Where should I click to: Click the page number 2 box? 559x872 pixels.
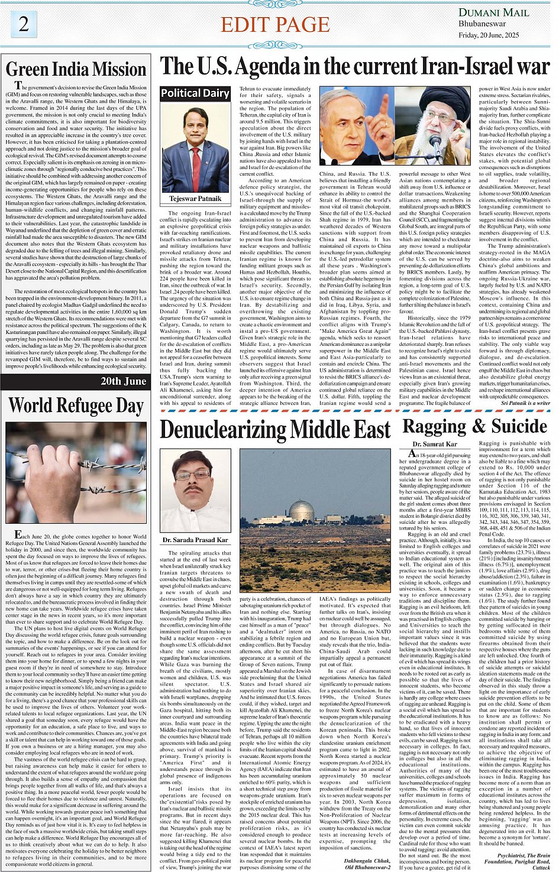24,24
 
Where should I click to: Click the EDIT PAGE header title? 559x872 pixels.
275,24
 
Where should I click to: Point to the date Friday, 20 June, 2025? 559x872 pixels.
489,35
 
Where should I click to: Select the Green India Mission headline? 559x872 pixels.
76,69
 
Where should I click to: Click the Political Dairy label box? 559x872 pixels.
195,93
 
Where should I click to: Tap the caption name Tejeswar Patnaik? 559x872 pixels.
195,199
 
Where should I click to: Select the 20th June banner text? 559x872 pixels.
123,381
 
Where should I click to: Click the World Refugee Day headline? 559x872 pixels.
76,406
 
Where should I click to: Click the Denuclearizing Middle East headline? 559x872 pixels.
275,430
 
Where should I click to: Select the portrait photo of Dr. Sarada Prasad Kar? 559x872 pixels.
195,491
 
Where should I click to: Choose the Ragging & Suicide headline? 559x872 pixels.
475,426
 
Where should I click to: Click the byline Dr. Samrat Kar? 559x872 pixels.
435,443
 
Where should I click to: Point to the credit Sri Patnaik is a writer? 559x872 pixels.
525,403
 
